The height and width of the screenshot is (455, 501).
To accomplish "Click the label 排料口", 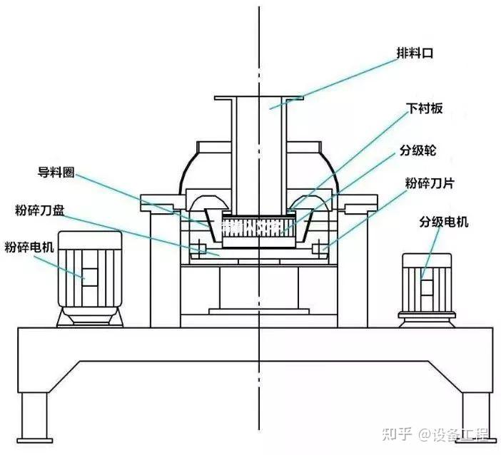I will click(x=415, y=53).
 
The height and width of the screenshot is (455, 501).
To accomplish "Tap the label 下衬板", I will click(x=425, y=108).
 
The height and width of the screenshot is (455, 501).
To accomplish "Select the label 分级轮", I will click(x=417, y=151).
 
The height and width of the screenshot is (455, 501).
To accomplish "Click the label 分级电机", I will click(x=443, y=223).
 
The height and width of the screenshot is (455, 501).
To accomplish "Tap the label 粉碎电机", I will click(x=29, y=247).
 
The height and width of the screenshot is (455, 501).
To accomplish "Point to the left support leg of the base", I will click(x=33, y=417).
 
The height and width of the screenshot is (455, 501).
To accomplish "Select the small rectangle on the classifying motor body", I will click(x=426, y=287).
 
